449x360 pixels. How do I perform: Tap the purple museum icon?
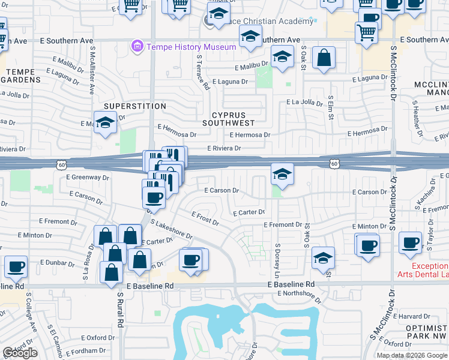coord(138,46)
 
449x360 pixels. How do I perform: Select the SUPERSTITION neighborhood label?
coord(134,106)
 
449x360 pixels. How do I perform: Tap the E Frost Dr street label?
coord(205,218)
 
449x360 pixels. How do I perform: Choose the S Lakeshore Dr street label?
coord(172,229)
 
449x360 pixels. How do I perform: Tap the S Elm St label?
coord(330,106)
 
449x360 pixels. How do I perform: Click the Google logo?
coord(20,353)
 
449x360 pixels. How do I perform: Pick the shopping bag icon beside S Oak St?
coord(324,58)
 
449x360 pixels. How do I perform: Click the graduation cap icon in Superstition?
coord(106,123)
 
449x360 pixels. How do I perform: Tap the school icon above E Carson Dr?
coord(282,173)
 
